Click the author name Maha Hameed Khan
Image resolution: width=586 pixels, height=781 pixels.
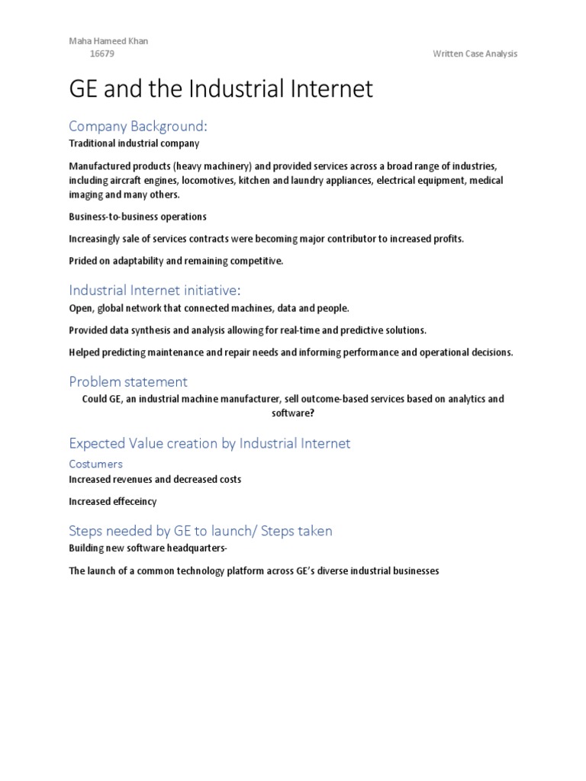pyautogui.click(x=108, y=41)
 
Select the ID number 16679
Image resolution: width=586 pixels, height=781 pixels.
pyautogui.click(x=102, y=53)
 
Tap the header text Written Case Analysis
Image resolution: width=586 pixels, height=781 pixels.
pyautogui.click(x=475, y=53)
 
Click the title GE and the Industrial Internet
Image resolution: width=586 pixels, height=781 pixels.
pyautogui.click(x=221, y=89)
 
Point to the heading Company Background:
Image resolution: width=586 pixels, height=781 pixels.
pyautogui.click(x=138, y=126)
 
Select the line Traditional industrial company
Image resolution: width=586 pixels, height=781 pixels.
pyautogui.click(x=134, y=143)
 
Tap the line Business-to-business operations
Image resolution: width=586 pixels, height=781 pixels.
pyautogui.click(x=137, y=217)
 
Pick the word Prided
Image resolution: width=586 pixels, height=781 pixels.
pyautogui.click(x=82, y=261)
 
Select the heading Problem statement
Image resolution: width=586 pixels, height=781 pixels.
pyautogui.click(x=128, y=381)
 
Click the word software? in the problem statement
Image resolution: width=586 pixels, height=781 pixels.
pyautogui.click(x=293, y=413)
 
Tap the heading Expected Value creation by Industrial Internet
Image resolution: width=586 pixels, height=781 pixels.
pyautogui.click(x=210, y=443)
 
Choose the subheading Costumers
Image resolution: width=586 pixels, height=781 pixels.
pyautogui.click(x=95, y=464)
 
